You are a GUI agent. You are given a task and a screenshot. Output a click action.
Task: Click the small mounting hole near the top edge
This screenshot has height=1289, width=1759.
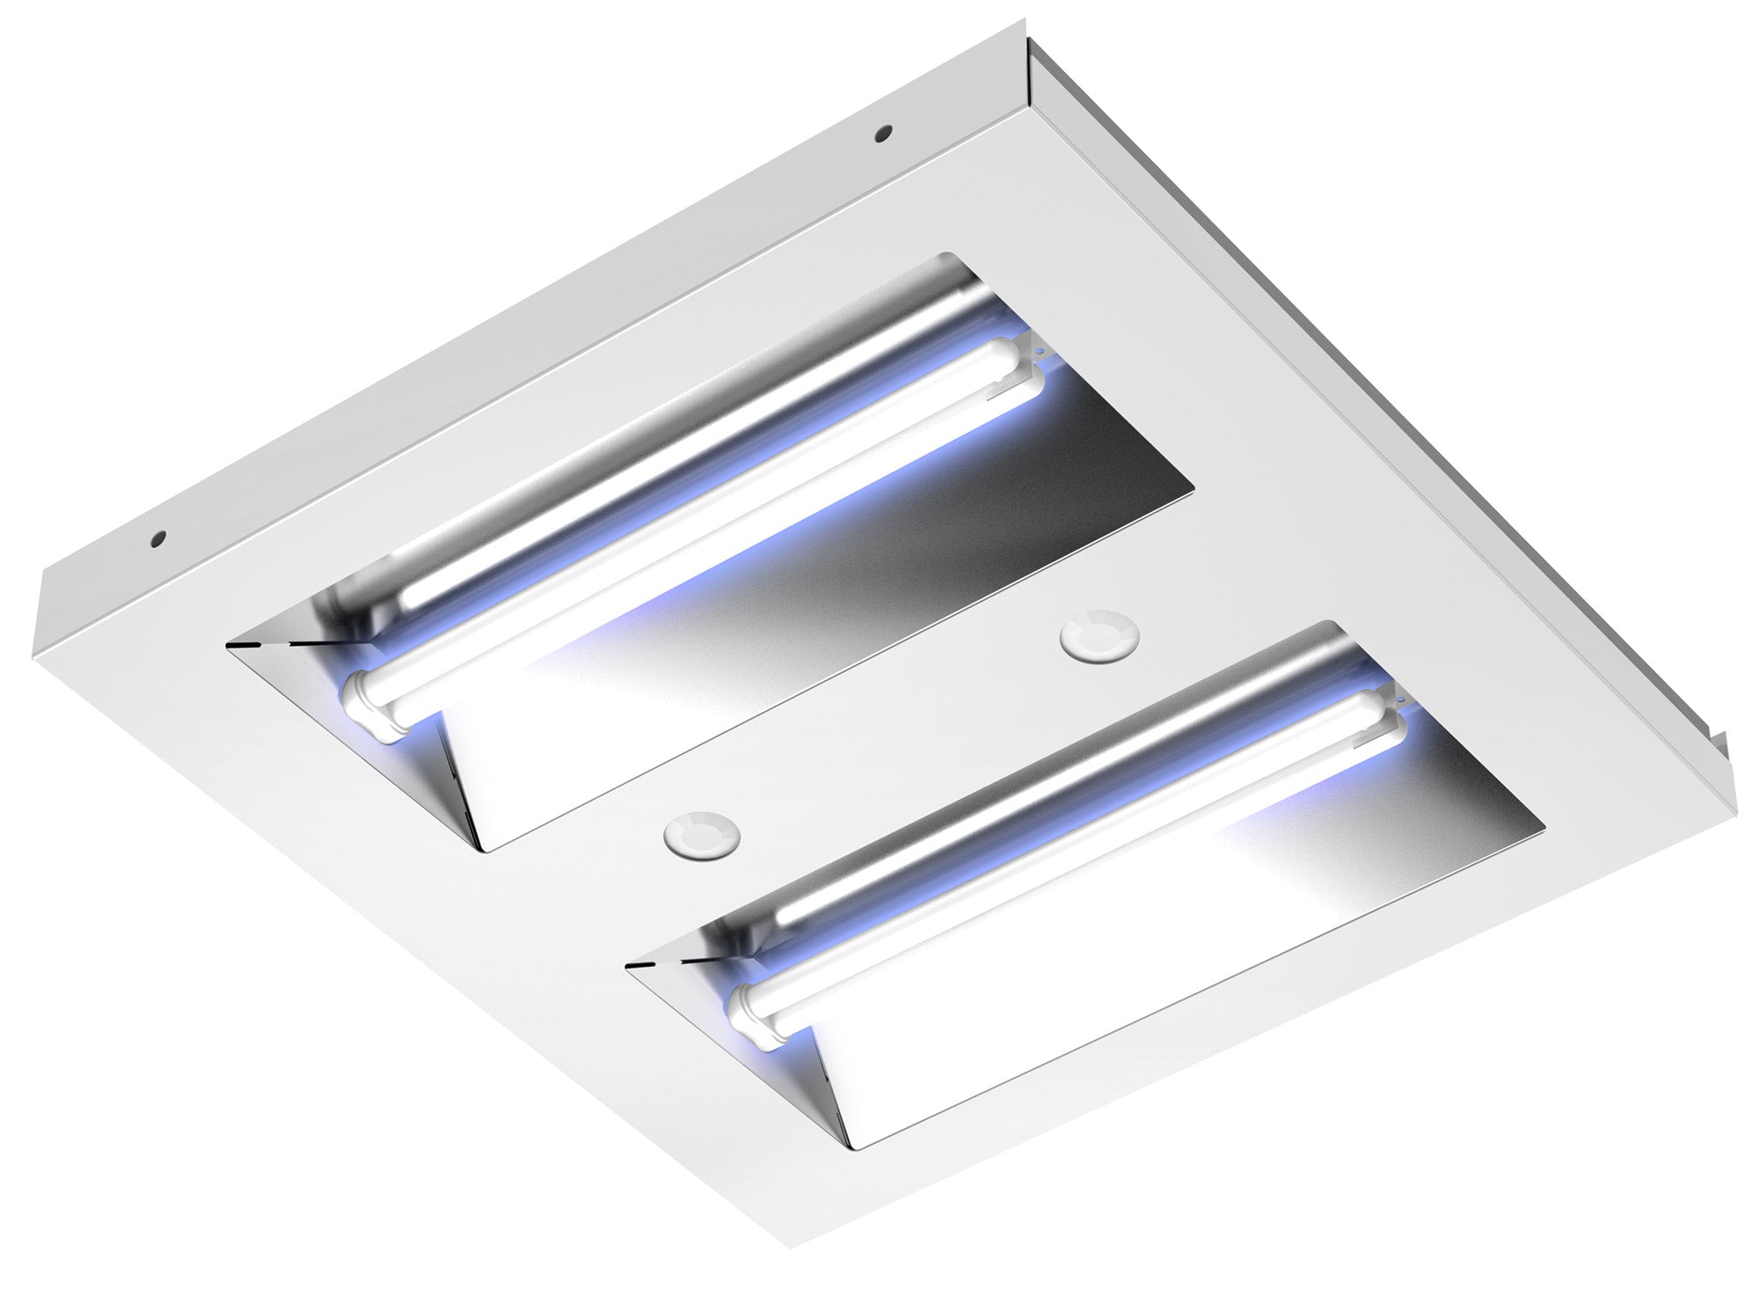(x=881, y=135)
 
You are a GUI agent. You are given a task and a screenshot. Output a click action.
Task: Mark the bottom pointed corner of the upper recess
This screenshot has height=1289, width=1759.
(x=486, y=850)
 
